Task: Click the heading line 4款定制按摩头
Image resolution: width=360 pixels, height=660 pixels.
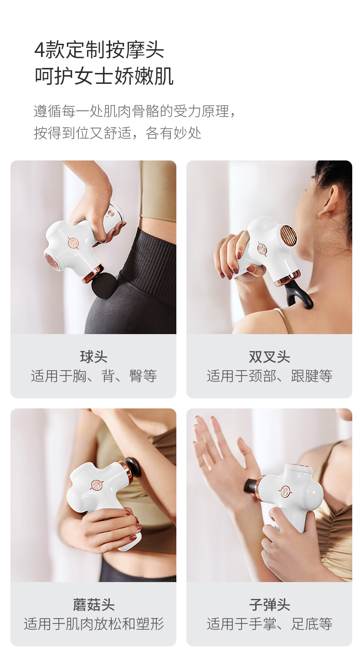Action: tap(99, 51)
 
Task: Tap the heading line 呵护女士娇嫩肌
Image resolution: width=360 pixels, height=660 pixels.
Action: tap(104, 76)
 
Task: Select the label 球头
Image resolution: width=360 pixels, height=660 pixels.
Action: tap(93, 357)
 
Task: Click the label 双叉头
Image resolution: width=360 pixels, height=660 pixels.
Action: tap(269, 357)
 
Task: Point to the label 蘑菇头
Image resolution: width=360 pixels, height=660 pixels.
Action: tap(93, 605)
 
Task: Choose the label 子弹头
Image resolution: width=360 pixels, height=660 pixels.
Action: tap(269, 605)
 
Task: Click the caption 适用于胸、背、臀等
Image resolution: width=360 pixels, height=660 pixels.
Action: tap(94, 376)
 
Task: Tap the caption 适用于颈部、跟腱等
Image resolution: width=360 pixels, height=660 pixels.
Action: tap(269, 376)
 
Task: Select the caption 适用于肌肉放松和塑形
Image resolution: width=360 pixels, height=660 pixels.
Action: tap(94, 624)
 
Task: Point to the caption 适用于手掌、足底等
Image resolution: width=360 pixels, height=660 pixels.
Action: tap(269, 624)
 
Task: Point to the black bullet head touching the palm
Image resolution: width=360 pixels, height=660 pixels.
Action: tap(250, 485)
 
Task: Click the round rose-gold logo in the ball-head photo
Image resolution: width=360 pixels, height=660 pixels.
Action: tap(73, 243)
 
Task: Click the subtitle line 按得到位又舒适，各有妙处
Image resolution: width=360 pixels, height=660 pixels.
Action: tap(118, 133)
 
